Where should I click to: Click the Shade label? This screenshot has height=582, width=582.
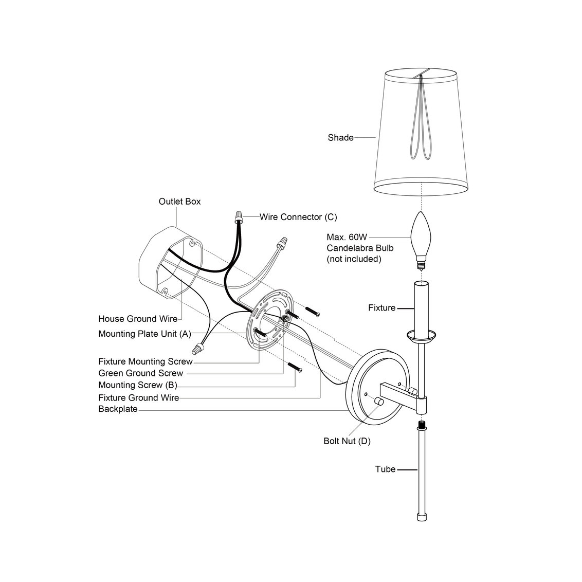coord(340,138)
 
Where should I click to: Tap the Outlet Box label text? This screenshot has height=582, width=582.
coord(179,202)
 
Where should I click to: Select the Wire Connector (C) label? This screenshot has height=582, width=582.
coord(298,217)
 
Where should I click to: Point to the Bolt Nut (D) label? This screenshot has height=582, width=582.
coord(347,441)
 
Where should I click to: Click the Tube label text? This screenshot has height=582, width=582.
coord(385,469)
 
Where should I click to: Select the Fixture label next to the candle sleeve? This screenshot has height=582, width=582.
coord(381,308)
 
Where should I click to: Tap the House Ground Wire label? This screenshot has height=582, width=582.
coord(138,319)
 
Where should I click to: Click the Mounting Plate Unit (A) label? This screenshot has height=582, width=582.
coord(144,334)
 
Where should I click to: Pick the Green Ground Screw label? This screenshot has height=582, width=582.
coord(140,373)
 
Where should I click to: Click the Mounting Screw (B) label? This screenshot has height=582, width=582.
coord(138,385)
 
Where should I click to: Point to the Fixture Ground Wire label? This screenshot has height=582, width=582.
coord(138,397)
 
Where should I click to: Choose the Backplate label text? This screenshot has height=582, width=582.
coord(118,409)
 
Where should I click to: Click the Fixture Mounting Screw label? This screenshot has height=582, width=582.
coord(145,361)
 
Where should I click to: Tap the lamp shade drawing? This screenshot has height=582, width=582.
coord(422,134)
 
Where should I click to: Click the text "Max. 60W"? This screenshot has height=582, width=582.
coord(347,238)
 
